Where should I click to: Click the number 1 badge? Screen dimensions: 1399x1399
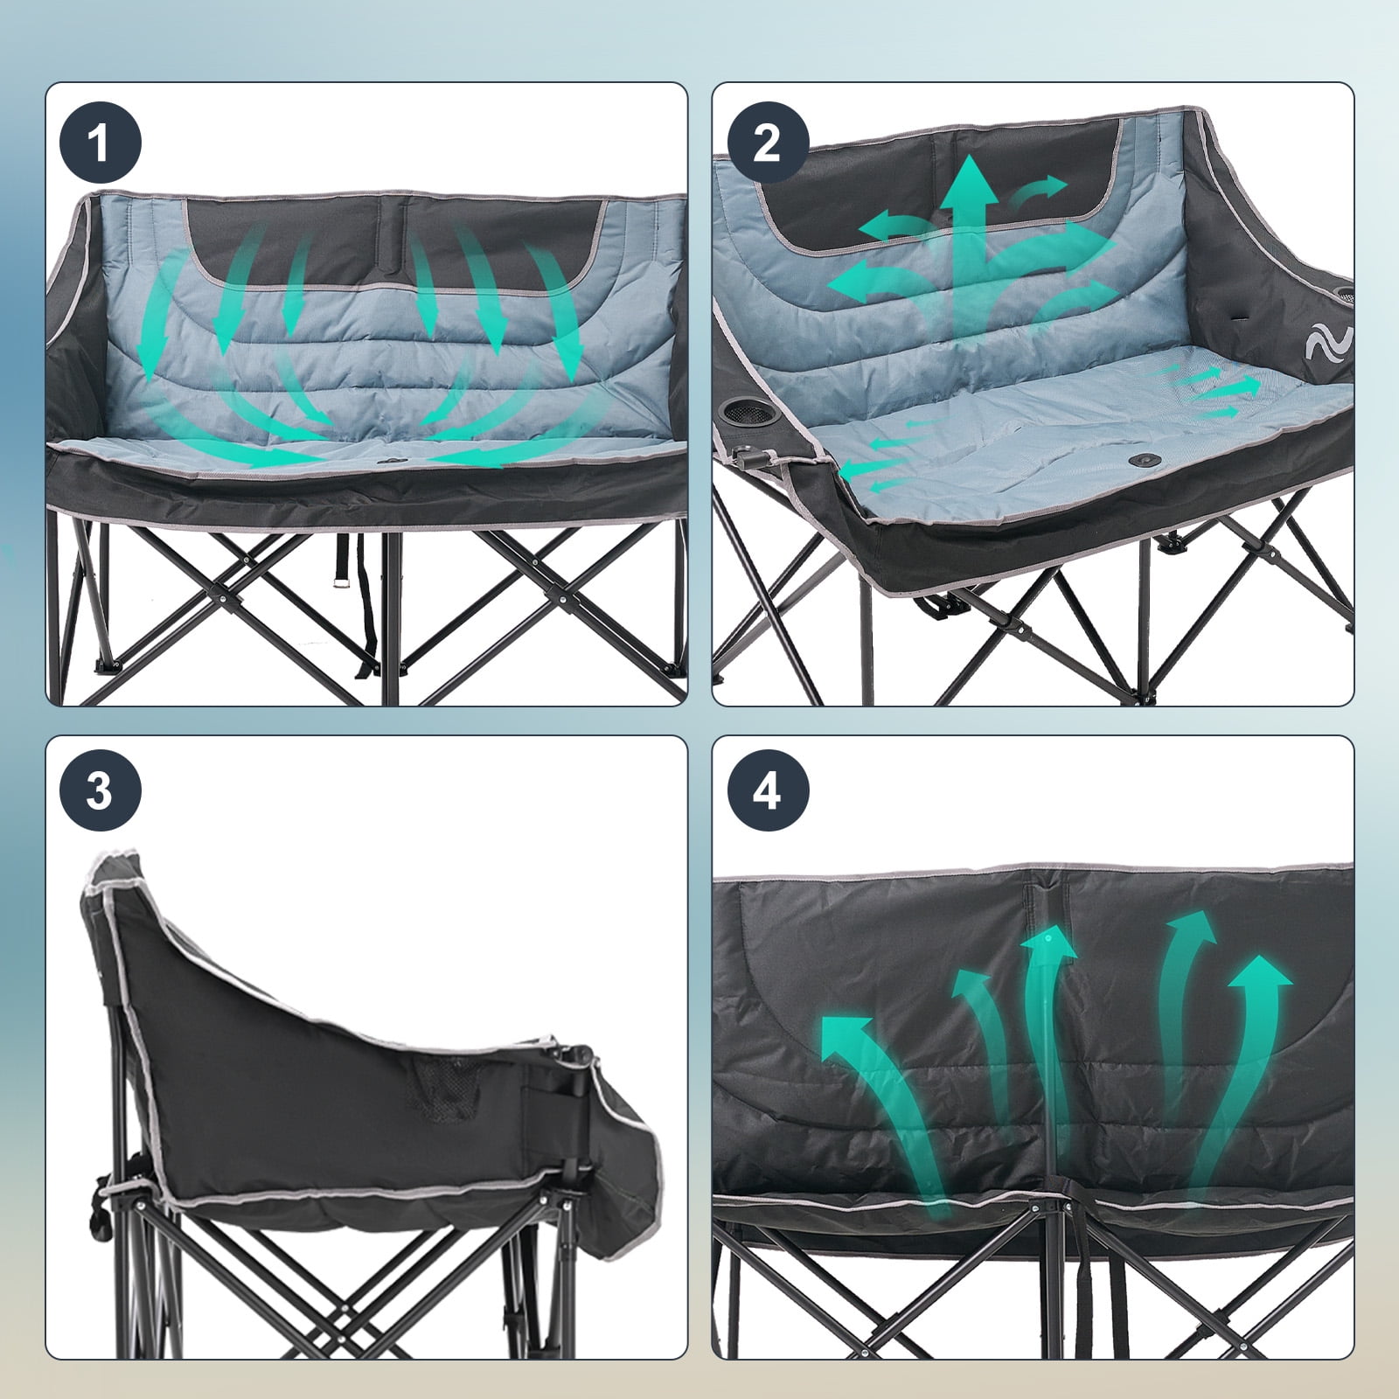point(100,143)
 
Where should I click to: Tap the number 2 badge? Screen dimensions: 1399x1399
point(766,143)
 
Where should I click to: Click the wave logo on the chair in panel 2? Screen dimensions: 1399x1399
point(1327,345)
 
